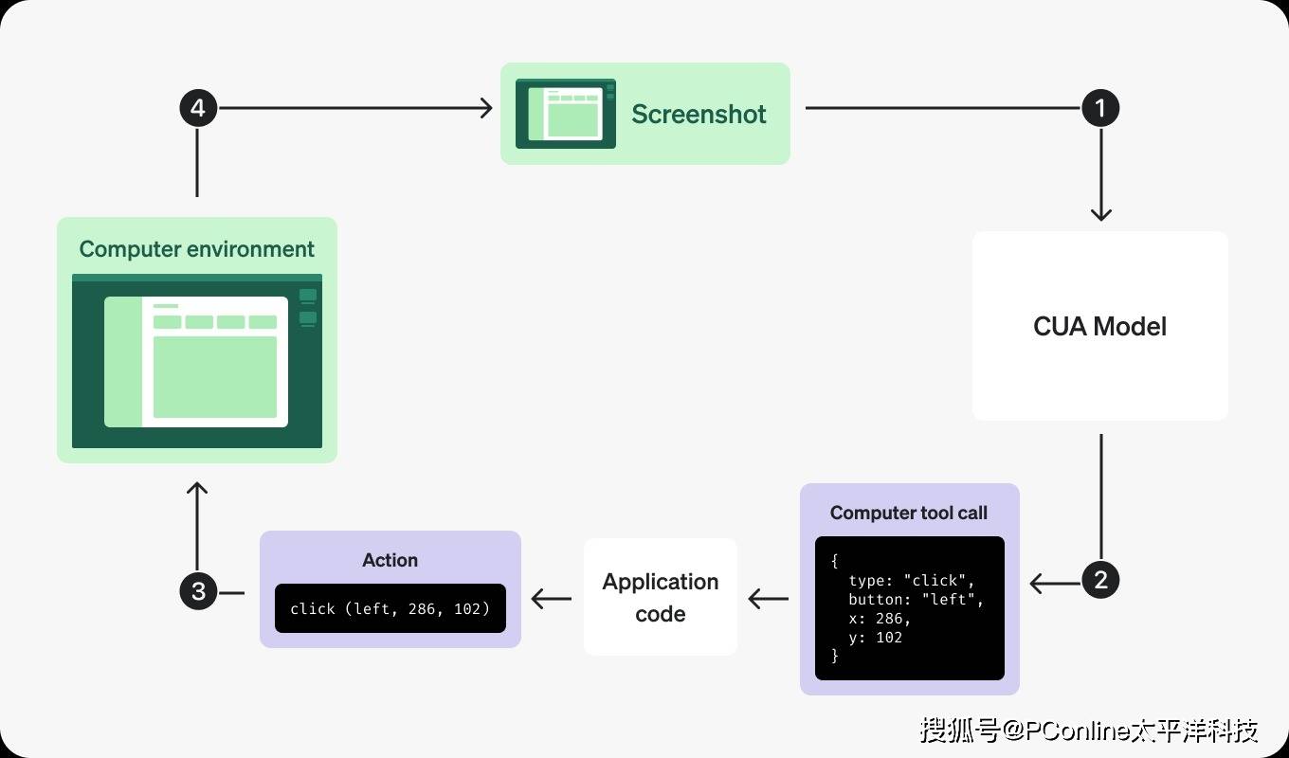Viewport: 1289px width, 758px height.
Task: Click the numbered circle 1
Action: (1100, 108)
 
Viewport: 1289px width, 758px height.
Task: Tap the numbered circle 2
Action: (1100, 580)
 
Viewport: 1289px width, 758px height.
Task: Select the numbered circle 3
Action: (198, 592)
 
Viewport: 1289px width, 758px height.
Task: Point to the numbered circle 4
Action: (198, 108)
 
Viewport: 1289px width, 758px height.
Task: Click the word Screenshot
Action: (699, 114)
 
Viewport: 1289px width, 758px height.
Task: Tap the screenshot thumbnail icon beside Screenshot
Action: (565, 114)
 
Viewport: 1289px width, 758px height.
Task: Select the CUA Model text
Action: (1099, 327)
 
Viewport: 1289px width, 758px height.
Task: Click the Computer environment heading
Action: (197, 249)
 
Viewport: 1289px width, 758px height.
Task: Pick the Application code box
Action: (661, 597)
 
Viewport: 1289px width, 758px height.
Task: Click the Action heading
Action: (390, 560)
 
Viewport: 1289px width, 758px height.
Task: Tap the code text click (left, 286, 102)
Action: (390, 608)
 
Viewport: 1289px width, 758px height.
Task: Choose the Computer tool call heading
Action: (909, 513)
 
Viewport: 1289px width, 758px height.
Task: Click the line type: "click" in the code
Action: (911, 580)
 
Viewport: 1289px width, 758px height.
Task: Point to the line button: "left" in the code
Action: (916, 599)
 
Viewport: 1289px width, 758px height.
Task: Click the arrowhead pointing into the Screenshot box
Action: (486, 108)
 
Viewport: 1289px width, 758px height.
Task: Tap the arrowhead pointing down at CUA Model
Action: (1100, 214)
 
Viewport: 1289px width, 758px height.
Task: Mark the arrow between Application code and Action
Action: (552, 599)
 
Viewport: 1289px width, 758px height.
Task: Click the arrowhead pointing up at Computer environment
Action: (197, 489)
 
